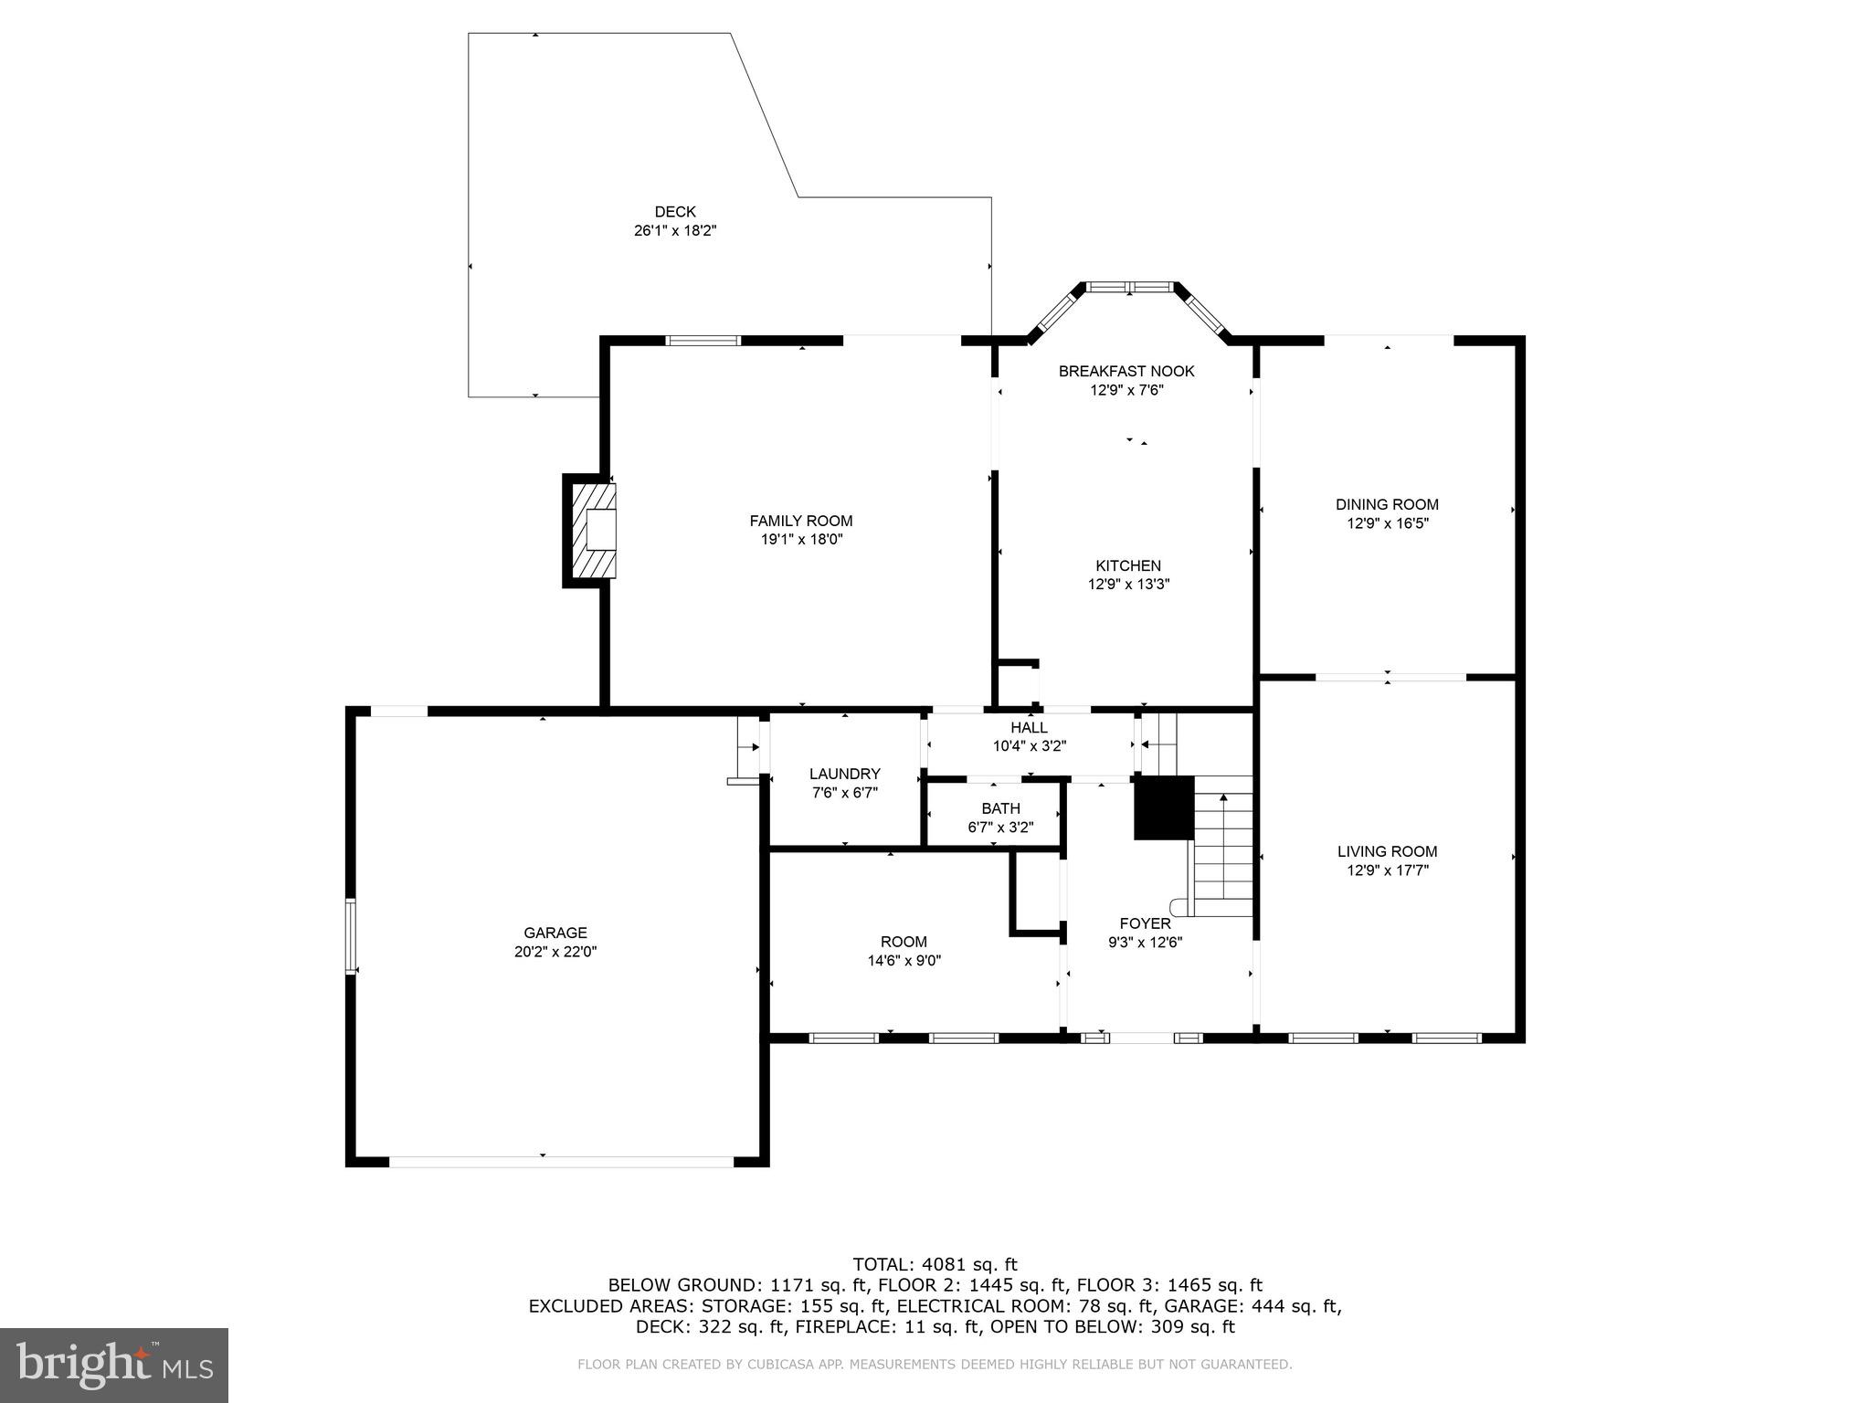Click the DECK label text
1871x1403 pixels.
(x=674, y=212)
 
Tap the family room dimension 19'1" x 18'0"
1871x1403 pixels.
(x=801, y=540)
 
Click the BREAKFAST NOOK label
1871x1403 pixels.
(x=1126, y=371)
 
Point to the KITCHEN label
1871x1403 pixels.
(x=1128, y=565)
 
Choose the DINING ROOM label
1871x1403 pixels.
(x=1387, y=504)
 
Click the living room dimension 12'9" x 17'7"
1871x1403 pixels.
(x=1387, y=870)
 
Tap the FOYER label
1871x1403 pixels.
(x=1145, y=923)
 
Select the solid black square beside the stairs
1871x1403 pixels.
(x=1164, y=807)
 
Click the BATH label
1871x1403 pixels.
(x=1000, y=808)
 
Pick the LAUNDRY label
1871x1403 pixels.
(x=844, y=774)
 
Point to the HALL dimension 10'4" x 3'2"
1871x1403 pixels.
(x=1030, y=746)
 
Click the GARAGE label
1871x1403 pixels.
(x=555, y=933)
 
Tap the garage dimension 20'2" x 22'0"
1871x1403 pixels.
(x=555, y=952)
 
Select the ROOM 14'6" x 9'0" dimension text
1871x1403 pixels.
(x=904, y=961)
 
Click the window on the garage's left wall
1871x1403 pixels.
(x=350, y=935)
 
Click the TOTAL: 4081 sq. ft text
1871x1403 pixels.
(x=935, y=1264)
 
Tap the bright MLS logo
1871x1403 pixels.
(x=114, y=1365)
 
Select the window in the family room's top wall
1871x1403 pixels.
(x=703, y=341)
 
